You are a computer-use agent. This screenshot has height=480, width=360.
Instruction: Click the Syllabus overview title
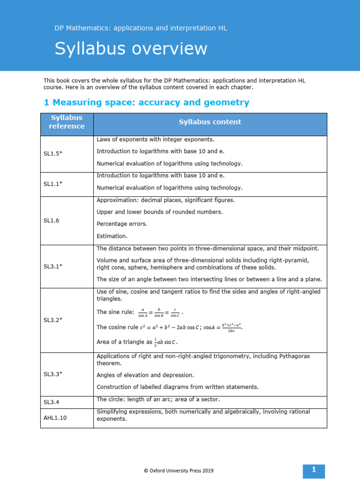click(131, 49)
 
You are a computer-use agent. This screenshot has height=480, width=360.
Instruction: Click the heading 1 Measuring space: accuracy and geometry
click(146, 102)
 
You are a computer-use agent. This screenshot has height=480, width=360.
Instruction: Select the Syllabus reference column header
click(67, 122)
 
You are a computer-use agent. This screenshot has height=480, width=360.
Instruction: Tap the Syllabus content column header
click(210, 122)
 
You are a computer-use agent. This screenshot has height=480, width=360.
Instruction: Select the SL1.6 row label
click(52, 220)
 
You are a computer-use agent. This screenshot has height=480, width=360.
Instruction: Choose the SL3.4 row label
click(52, 402)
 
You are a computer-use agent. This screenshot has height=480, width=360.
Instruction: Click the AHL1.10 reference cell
click(55, 418)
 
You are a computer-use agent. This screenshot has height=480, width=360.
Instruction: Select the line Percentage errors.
click(122, 224)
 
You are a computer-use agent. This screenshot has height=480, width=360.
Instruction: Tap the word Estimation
click(112, 236)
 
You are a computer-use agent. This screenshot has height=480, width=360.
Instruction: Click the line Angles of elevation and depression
click(145, 375)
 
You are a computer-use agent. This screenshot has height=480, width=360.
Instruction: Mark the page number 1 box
click(314, 470)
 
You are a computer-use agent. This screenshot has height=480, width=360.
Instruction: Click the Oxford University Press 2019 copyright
click(180, 470)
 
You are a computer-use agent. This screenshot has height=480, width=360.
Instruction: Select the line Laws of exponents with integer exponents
click(156, 140)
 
